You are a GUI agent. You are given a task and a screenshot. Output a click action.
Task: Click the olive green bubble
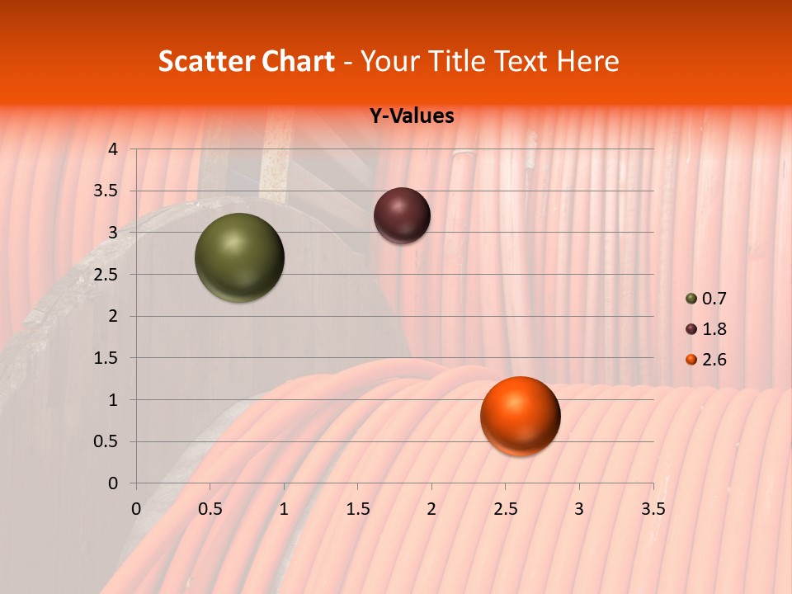pyautogui.click(x=239, y=257)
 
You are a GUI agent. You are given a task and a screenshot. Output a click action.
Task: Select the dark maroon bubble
pyautogui.click(x=402, y=215)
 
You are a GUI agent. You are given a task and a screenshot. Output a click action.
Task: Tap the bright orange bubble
pyautogui.click(x=520, y=416)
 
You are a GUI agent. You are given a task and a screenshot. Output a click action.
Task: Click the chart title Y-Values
pyautogui.click(x=412, y=116)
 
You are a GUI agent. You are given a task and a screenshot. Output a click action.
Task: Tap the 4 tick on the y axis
pyautogui.click(x=113, y=149)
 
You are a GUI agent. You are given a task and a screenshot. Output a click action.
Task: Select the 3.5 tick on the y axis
pyautogui.click(x=107, y=191)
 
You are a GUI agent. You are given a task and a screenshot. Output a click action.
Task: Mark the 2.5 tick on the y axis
pyautogui.click(x=107, y=275)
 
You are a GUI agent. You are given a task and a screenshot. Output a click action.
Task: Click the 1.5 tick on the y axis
pyautogui.click(x=107, y=358)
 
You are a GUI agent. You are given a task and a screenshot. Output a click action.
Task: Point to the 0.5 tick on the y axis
pyautogui.click(x=107, y=441)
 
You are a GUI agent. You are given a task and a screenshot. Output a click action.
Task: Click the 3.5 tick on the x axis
pyautogui.click(x=653, y=509)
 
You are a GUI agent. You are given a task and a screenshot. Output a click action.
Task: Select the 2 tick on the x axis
pyautogui.click(x=431, y=509)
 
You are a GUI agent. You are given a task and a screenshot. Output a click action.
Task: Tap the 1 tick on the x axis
pyautogui.click(x=284, y=509)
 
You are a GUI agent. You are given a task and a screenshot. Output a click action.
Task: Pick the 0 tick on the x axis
pyautogui.click(x=136, y=509)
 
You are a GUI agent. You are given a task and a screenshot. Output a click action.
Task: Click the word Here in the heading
pyautogui.click(x=587, y=61)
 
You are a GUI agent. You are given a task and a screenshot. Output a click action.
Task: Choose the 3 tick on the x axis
pyautogui.click(x=579, y=509)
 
